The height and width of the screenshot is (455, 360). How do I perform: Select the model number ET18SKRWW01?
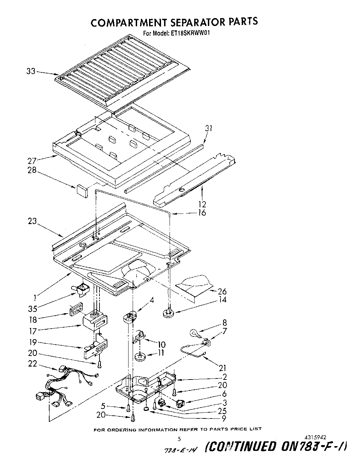(x=190, y=33)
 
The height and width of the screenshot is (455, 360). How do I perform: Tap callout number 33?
(x=31, y=72)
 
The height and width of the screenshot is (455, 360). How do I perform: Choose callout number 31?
(x=209, y=128)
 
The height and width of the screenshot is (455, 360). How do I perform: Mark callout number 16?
(x=202, y=213)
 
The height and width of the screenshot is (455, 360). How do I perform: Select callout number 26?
(x=222, y=291)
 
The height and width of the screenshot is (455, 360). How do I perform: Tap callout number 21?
(x=222, y=368)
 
